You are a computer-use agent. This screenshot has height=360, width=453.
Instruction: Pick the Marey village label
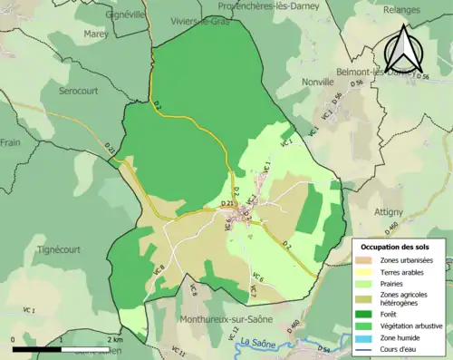(96, 34)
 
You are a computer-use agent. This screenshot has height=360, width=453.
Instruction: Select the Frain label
(11, 143)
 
